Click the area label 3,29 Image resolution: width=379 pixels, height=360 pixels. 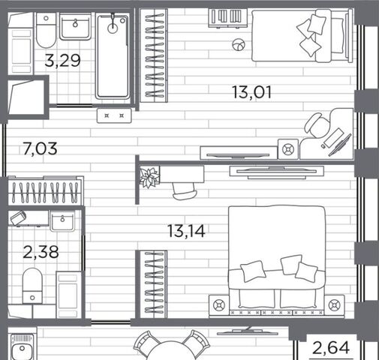(62, 61)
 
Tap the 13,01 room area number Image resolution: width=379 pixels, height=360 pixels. (251, 92)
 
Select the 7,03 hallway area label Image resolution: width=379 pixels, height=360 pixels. (40, 148)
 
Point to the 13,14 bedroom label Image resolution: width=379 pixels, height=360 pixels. (187, 231)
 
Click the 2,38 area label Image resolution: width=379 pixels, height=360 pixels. (41, 252)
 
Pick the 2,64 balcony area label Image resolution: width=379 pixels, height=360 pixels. (331, 348)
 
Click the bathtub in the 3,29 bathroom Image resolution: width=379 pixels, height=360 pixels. (113, 56)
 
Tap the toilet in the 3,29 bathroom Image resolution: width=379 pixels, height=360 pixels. (46, 31)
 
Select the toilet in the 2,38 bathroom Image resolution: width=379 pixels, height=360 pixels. (32, 286)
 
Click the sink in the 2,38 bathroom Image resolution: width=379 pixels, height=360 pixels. (62, 220)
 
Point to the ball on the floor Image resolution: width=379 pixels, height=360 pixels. (239, 45)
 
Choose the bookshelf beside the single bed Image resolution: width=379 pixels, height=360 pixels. (228, 18)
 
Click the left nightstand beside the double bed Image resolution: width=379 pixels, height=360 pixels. (219, 305)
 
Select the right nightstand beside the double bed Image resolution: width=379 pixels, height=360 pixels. (334, 305)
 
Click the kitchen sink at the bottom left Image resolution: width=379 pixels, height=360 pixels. (22, 347)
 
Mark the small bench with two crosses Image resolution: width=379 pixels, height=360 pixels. (114, 115)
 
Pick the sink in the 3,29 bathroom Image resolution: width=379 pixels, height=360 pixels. (75, 26)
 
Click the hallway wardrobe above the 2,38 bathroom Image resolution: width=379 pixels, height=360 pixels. (46, 190)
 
